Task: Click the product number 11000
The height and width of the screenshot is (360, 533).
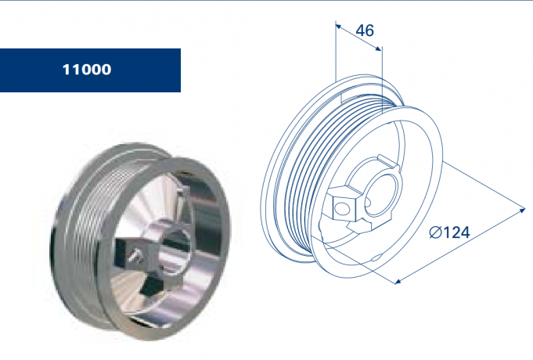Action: click(x=87, y=70)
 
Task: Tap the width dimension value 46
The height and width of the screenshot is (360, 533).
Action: click(x=365, y=31)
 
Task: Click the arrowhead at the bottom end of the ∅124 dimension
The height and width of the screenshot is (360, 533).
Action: click(x=399, y=279)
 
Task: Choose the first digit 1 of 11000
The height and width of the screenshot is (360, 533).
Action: click(x=67, y=70)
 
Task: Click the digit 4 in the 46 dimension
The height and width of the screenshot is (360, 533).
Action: click(x=360, y=31)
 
